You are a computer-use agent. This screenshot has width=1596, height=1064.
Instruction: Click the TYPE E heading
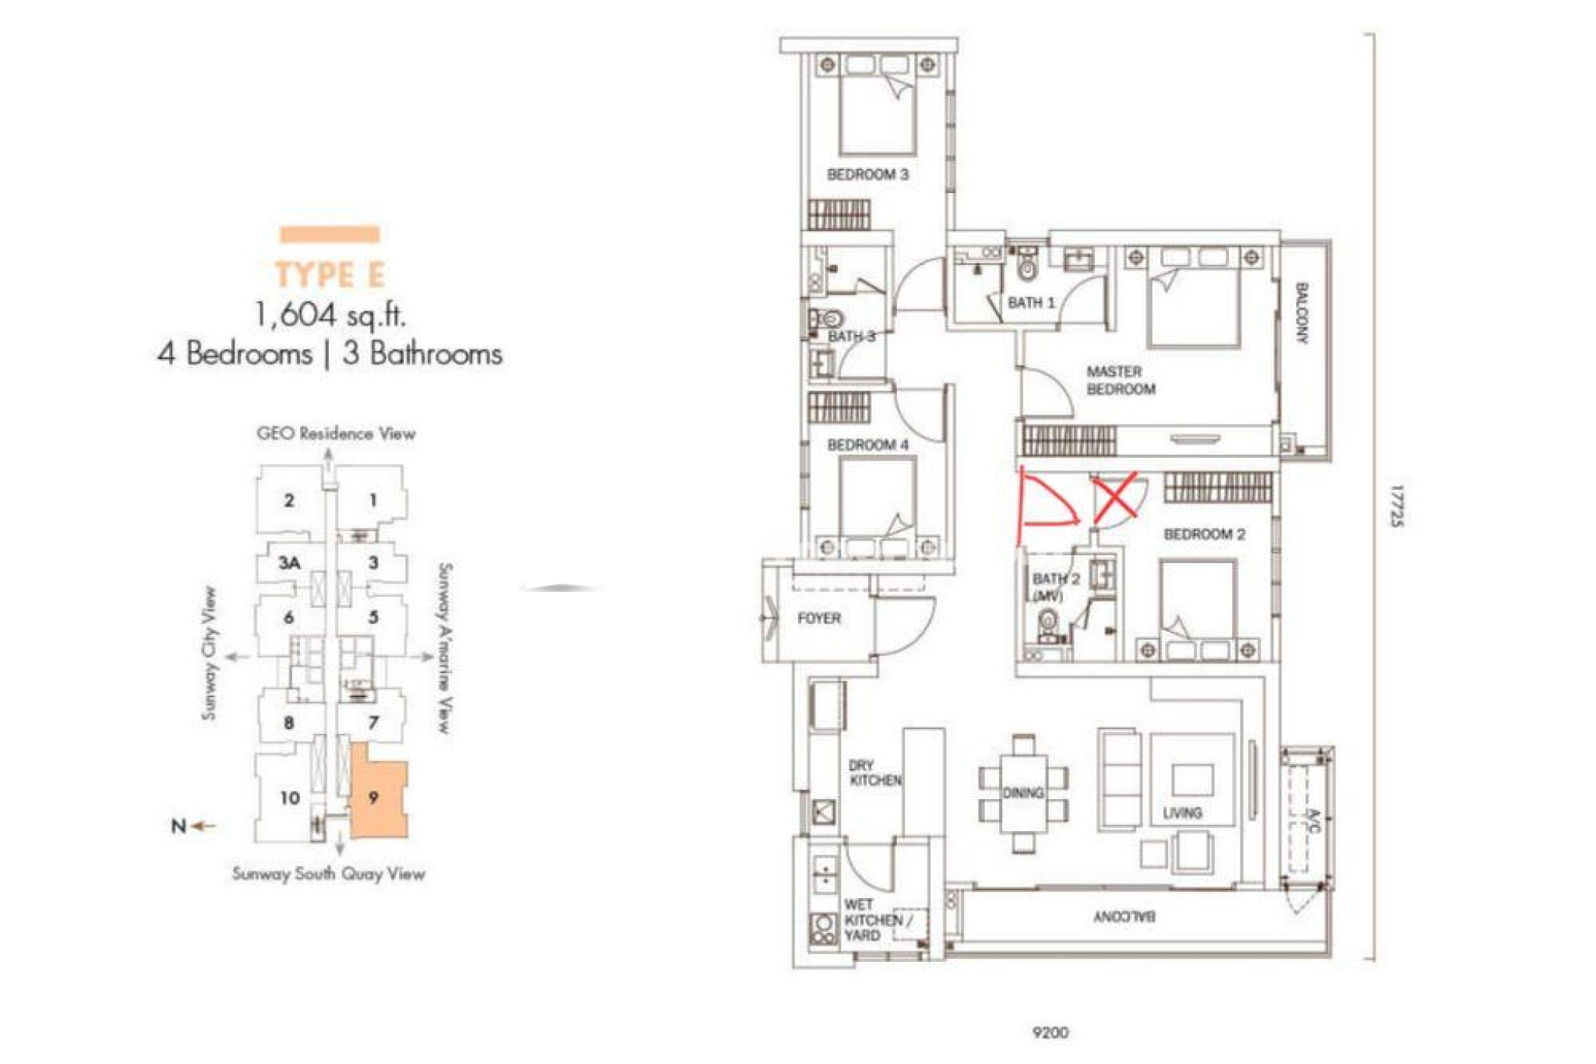[330, 275]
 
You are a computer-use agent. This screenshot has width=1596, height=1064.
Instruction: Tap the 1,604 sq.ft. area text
[330, 315]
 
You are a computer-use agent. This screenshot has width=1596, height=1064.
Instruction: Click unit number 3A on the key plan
[290, 562]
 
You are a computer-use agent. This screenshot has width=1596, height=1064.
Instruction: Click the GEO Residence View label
[336, 434]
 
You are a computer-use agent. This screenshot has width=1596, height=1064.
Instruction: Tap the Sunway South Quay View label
[329, 874]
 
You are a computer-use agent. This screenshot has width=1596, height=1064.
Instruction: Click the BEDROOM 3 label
[867, 174]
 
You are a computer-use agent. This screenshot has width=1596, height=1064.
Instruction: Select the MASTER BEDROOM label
[1121, 381]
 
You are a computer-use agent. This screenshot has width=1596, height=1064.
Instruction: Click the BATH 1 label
[1031, 302]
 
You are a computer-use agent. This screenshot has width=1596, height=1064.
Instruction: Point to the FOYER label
[819, 618]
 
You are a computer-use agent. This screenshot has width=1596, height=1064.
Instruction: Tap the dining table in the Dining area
[1024, 793]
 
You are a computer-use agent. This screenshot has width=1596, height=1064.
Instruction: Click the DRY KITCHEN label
[875, 773]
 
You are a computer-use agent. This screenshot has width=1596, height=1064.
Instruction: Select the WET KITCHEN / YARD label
[874, 920]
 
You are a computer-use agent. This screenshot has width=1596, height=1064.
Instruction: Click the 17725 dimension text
[1397, 507]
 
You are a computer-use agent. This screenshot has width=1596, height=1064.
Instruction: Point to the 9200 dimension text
[1050, 1032]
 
